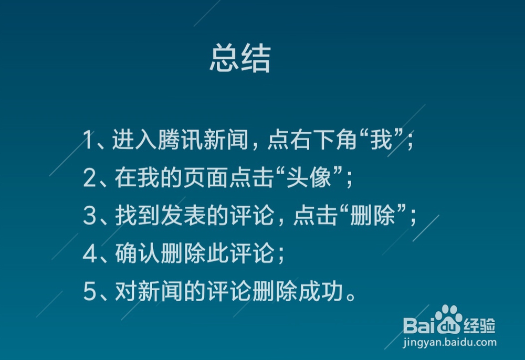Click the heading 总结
point(240,59)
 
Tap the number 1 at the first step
point(88,141)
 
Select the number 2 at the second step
point(89,179)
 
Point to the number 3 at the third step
point(89,217)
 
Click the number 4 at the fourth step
point(89,255)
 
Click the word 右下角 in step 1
point(314,141)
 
